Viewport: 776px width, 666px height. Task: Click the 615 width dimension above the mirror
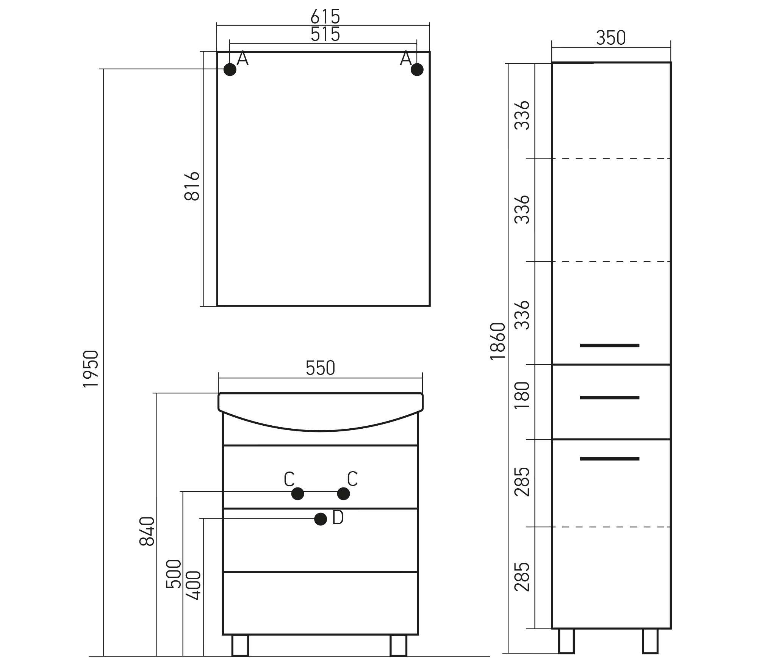point(325,16)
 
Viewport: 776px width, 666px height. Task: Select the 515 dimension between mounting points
point(325,34)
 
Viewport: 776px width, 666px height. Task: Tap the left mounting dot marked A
point(230,70)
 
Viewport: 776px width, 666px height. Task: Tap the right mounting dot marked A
point(417,70)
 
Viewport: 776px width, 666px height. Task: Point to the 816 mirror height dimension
point(192,186)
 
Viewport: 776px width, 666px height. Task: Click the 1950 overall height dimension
point(91,368)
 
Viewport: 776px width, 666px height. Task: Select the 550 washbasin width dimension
point(321,368)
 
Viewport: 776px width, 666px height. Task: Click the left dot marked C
point(297,494)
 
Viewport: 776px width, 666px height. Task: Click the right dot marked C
point(343,494)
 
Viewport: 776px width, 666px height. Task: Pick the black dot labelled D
point(321,519)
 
